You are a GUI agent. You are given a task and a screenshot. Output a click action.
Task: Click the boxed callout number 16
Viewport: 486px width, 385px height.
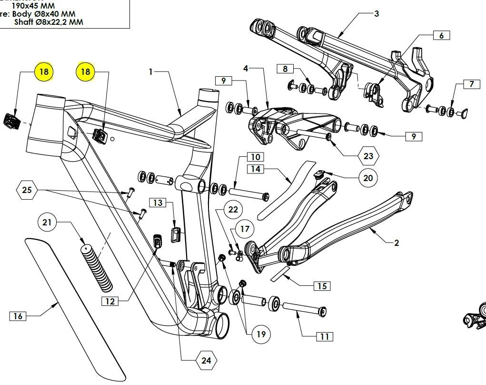pos(18,316)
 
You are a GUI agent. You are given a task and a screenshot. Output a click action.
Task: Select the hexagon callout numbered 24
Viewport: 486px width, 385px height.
pos(206,361)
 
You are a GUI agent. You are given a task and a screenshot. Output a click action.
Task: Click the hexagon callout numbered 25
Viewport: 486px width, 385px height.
pos(28,191)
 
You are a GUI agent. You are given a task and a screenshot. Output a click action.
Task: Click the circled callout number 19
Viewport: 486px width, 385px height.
pos(260,334)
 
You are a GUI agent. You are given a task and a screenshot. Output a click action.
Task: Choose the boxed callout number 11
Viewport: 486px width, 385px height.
pos(324,336)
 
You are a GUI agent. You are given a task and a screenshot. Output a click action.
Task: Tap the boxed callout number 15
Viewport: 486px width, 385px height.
pos(322,286)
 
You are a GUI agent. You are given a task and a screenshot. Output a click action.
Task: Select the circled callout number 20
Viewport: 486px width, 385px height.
pos(367,178)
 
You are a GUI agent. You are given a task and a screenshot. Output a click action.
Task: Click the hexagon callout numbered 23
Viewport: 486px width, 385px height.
pos(368,156)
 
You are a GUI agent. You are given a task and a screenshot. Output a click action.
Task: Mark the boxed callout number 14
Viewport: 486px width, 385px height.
pos(256,169)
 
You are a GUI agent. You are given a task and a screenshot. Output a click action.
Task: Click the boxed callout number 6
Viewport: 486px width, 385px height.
pos(441,36)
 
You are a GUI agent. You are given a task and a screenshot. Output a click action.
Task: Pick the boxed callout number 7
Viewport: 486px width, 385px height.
pos(471,84)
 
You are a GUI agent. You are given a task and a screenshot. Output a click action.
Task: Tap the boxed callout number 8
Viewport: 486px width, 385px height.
pos(285,69)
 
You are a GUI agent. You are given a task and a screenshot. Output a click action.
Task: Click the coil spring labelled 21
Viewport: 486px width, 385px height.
pos(98,267)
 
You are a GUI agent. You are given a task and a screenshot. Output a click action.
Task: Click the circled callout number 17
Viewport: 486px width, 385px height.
pos(245,229)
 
